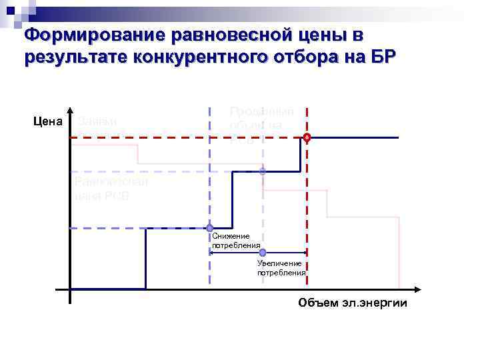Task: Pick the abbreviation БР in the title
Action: pos(383,57)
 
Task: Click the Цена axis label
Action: pos(48,121)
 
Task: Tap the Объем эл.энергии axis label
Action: pos(352,303)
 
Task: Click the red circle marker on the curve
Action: pos(307,137)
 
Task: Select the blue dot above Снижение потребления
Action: pos(209,228)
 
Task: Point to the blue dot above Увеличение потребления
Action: pos(263,253)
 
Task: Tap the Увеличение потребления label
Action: pos(281,268)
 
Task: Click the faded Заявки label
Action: pos(97,121)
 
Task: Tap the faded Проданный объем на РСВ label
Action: pos(261,125)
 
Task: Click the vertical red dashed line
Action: pos(307,213)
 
